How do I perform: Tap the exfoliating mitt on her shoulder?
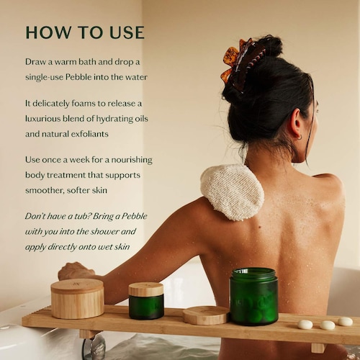click(x=232, y=192)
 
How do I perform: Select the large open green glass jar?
click(x=253, y=296)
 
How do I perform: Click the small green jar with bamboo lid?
click(x=146, y=300)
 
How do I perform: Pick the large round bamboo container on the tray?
click(x=77, y=298)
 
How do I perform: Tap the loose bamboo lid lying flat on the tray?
click(x=206, y=315)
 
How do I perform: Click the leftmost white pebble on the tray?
click(x=305, y=324)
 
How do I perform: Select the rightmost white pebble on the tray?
click(x=346, y=321)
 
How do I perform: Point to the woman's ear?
click(x=297, y=132)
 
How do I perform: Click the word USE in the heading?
click(x=125, y=33)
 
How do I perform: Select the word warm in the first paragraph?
click(x=76, y=62)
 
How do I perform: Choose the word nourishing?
click(x=127, y=160)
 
